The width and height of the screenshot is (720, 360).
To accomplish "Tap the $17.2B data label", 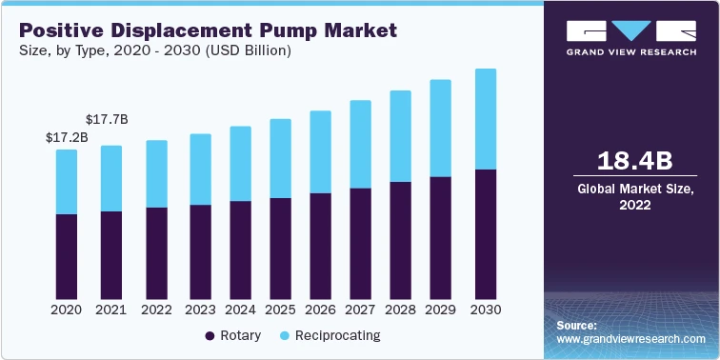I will click(66, 137).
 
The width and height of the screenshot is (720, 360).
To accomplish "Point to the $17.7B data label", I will click(107, 119).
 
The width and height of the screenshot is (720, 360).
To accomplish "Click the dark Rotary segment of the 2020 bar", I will click(67, 256).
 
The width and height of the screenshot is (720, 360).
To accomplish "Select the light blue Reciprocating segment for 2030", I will click(486, 119).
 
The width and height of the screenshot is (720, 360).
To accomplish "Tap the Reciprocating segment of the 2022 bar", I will click(156, 173).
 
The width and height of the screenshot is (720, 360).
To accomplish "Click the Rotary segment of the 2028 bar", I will click(400, 240).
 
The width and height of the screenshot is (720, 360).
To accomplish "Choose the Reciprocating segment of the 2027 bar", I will click(360, 144).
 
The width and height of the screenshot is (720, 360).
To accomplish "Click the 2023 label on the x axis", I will click(199, 310).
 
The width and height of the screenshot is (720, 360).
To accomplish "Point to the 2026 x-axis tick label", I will click(320, 310).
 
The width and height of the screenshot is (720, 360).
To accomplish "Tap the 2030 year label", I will click(486, 310).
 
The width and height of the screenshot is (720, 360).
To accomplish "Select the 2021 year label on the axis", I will click(111, 310).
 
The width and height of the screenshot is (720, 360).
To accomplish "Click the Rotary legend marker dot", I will click(210, 336).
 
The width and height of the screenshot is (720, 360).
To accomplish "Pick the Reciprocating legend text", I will click(337, 336).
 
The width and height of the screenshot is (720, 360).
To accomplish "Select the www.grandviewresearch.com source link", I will click(630, 339).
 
